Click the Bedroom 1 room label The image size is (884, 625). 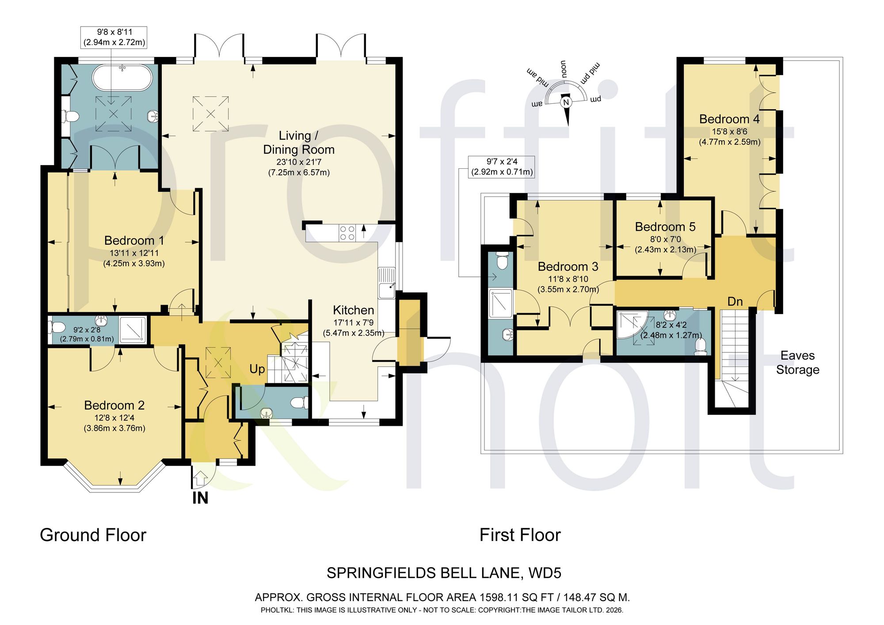pyautogui.click(x=134, y=240)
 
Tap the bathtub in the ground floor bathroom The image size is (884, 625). pyautogui.click(x=122, y=78)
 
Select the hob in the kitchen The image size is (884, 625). pyautogui.click(x=347, y=233)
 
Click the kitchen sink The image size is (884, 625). pyautogui.click(x=387, y=283)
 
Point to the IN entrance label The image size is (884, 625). pyautogui.click(x=200, y=498)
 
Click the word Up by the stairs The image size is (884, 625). pyautogui.click(x=257, y=369)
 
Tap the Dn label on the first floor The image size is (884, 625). pyautogui.click(x=735, y=302)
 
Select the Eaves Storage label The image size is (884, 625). pyautogui.click(x=798, y=363)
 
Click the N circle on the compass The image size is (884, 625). pyautogui.click(x=566, y=102)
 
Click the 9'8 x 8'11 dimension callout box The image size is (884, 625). pyautogui.click(x=114, y=37)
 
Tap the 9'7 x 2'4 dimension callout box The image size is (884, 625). pyautogui.click(x=502, y=167)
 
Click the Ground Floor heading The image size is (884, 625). pyautogui.click(x=93, y=535)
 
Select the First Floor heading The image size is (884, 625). pyautogui.click(x=520, y=535)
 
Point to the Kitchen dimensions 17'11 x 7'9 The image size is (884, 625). pyautogui.click(x=354, y=322)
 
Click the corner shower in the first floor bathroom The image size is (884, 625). pyautogui.click(x=632, y=325)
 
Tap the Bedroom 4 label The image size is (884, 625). pyautogui.click(x=729, y=119)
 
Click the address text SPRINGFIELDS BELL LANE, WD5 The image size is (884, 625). pyautogui.click(x=444, y=573)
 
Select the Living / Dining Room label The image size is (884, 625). pyautogui.click(x=299, y=143)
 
